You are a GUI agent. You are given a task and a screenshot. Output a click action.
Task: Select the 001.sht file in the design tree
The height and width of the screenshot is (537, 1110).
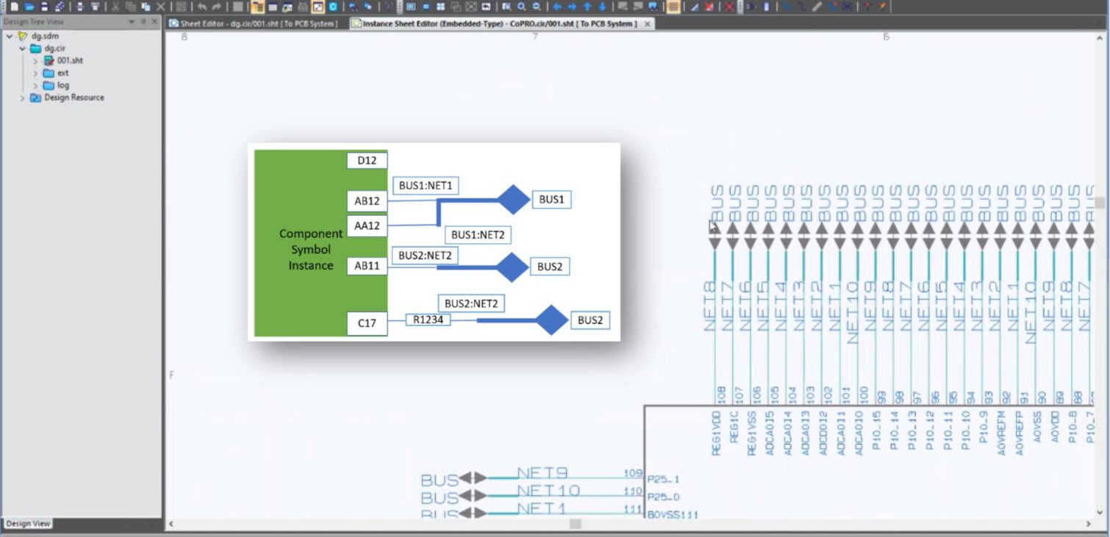click(69, 60)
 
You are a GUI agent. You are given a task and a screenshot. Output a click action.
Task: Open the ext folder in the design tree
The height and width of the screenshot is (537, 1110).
click(62, 73)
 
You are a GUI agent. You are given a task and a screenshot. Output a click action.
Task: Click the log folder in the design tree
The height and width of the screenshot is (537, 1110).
click(62, 85)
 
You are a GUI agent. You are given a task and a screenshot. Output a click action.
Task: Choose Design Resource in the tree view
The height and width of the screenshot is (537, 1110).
click(74, 98)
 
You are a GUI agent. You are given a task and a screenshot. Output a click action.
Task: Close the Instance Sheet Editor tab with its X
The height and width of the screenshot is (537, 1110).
click(648, 24)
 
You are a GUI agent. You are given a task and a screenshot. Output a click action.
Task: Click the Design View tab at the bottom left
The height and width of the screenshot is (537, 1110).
click(28, 524)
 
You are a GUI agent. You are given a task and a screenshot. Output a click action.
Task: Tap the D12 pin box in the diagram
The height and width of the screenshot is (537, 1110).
click(367, 161)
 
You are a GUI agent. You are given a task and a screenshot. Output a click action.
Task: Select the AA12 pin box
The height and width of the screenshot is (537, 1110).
click(367, 226)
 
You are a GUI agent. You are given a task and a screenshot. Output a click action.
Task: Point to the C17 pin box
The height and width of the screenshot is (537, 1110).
click(367, 322)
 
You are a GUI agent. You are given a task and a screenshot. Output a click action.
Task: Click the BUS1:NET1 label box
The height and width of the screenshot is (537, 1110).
click(426, 186)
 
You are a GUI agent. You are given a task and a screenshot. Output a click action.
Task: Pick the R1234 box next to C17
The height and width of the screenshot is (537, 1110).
click(428, 320)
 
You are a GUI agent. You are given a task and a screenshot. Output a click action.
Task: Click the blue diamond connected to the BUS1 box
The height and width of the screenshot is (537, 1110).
click(514, 200)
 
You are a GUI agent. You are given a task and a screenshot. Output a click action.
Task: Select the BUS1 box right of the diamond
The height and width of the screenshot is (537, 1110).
click(551, 199)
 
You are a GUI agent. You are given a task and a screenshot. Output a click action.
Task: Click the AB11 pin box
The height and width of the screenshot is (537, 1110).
click(367, 266)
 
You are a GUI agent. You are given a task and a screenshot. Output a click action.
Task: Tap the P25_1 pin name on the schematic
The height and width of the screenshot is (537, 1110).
click(663, 479)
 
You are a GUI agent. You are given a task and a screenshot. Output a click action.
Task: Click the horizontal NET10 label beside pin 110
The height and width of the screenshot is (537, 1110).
click(548, 491)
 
